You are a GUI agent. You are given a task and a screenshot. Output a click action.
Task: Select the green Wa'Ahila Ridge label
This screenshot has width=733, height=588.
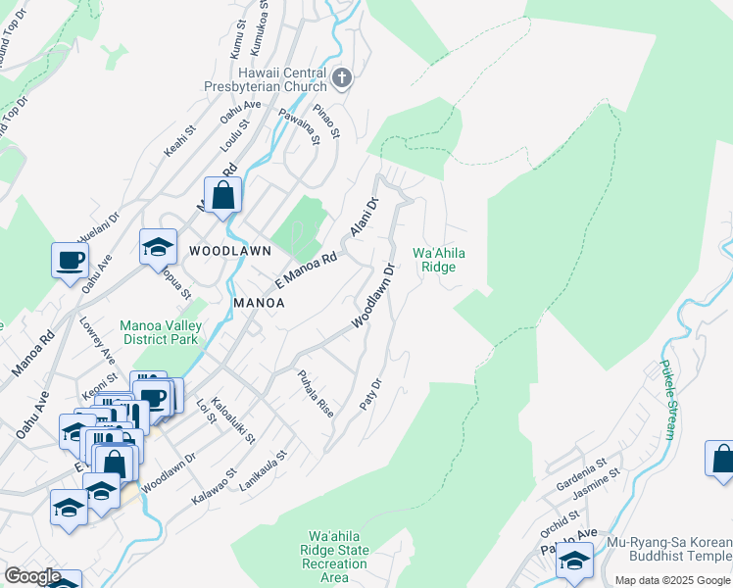438,260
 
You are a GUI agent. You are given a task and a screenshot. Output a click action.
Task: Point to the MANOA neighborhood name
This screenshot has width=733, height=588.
259,303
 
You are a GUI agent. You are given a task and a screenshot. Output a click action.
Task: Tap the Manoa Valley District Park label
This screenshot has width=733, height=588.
159,332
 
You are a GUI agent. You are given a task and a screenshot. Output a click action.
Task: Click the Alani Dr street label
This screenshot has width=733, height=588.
364,218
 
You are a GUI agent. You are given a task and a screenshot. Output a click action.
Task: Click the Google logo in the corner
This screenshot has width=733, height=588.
31,576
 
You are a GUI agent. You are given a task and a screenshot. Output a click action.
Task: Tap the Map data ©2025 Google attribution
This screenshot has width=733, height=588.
672,580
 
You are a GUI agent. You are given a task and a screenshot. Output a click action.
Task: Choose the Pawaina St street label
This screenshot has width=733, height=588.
300,126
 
